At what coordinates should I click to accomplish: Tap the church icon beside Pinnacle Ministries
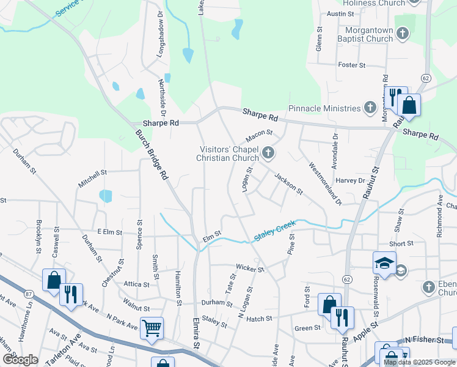click(x=370, y=108)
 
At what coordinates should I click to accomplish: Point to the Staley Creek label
click(x=274, y=232)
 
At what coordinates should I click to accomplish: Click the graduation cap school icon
click(x=384, y=263)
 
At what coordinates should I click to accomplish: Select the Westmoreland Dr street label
click(x=324, y=182)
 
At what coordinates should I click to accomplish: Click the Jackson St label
click(x=289, y=183)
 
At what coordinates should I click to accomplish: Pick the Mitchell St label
click(x=92, y=179)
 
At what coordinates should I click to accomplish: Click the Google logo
click(x=20, y=359)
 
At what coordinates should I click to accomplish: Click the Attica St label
click(x=136, y=284)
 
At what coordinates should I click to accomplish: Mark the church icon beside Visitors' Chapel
click(x=268, y=152)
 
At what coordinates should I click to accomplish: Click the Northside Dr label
click(x=163, y=97)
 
